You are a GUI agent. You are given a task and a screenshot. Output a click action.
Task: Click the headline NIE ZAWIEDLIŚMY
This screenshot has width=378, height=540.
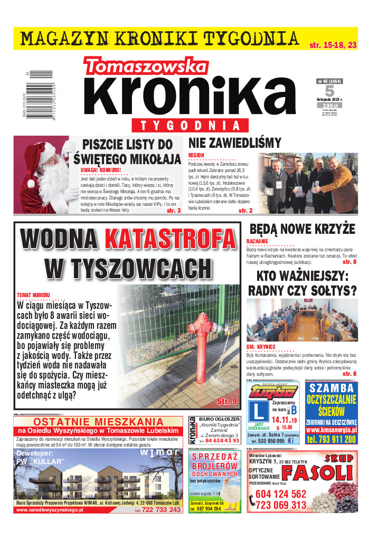[235, 143]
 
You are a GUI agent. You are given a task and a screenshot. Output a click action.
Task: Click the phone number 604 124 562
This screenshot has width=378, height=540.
[280, 494]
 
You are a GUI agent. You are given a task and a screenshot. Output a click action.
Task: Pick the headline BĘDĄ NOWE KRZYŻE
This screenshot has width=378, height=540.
[303, 229]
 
